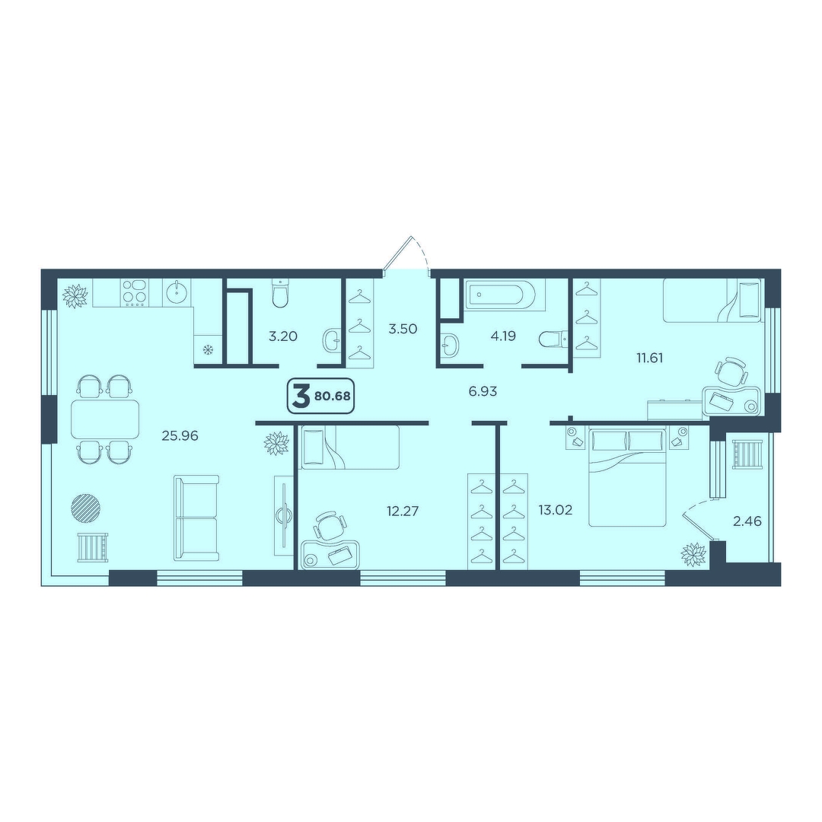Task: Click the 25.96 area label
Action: (x=180, y=435)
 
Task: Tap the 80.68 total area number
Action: (x=333, y=396)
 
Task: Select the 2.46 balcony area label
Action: (x=747, y=521)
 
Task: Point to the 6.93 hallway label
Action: (x=483, y=391)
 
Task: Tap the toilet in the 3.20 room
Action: (x=280, y=294)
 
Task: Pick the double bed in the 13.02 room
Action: (x=627, y=476)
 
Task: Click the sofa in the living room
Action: (x=196, y=518)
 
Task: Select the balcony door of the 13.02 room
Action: (x=699, y=527)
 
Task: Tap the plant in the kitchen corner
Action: (x=75, y=296)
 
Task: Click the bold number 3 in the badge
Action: (x=301, y=397)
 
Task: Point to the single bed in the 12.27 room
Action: (x=350, y=447)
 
